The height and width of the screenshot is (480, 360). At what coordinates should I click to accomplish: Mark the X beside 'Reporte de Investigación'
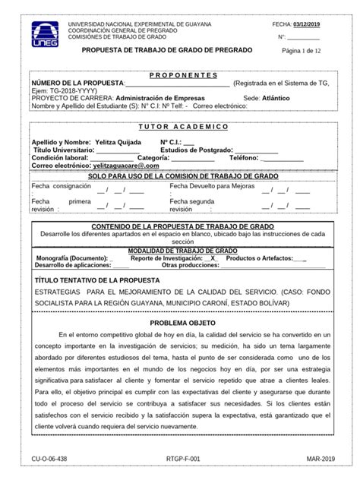pyautogui.click(x=214, y=258)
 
